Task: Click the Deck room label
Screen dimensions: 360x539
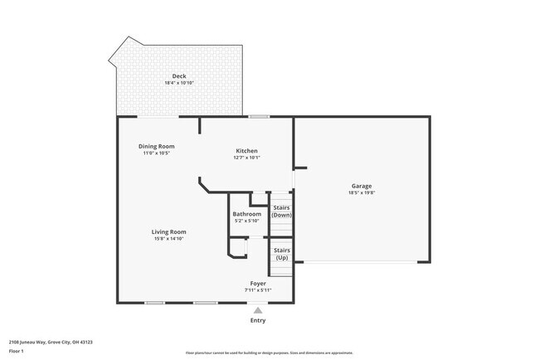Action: [x=179, y=76]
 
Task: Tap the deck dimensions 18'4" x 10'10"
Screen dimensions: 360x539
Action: [x=179, y=83]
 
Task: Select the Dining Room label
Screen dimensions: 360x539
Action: [x=156, y=146]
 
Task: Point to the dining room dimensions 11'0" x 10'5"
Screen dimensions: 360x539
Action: [x=156, y=153]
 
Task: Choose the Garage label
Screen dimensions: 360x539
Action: [x=362, y=186]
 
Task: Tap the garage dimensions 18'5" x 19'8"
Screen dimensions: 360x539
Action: [x=362, y=192]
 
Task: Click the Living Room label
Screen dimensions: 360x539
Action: [x=168, y=231]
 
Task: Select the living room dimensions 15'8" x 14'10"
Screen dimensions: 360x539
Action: [x=168, y=239]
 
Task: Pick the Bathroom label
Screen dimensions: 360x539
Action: [x=246, y=213]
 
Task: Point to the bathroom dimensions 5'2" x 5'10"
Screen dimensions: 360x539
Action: [x=246, y=221]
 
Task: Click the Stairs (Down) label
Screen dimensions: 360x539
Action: [x=282, y=211]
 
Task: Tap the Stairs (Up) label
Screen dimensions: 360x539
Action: [x=282, y=253]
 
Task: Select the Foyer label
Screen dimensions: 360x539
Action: [x=258, y=283]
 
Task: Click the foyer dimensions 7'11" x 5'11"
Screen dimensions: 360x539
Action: [x=258, y=290]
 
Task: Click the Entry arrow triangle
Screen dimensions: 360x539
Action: [x=258, y=310]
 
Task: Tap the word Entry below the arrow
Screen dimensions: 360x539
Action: [x=258, y=320]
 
